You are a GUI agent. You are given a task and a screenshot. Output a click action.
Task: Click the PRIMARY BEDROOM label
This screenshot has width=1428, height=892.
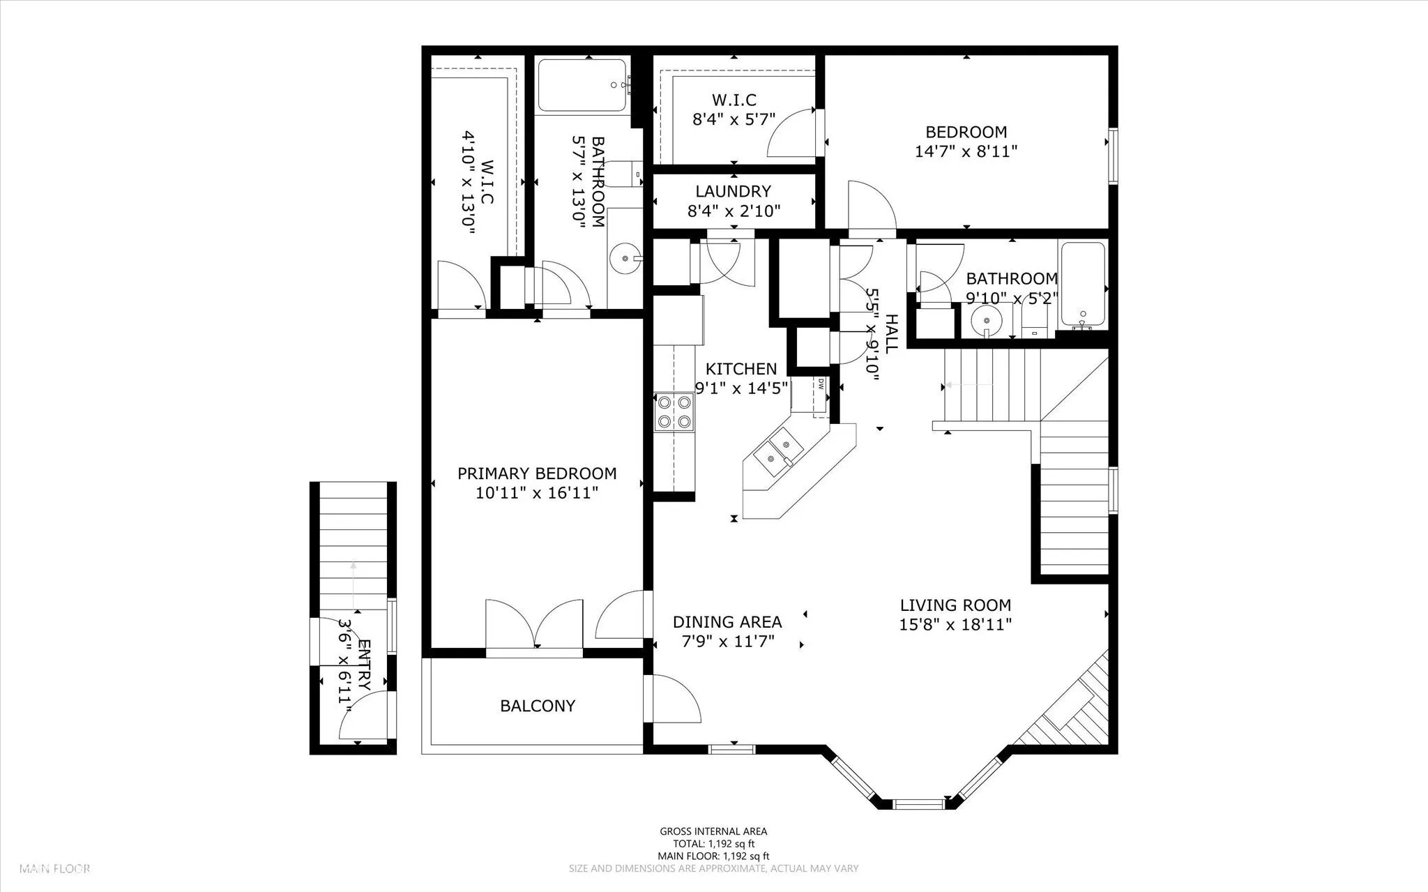pyautogui.click(x=537, y=474)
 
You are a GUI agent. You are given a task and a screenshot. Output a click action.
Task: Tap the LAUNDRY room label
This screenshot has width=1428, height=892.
pyautogui.click(x=733, y=191)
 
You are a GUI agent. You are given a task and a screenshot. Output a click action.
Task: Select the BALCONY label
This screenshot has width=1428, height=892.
pyautogui.click(x=538, y=706)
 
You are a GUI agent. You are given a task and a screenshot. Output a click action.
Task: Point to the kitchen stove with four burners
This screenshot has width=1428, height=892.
pyautogui.click(x=674, y=411)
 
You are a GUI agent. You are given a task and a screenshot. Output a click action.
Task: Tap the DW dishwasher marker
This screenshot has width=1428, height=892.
pyautogui.click(x=821, y=383)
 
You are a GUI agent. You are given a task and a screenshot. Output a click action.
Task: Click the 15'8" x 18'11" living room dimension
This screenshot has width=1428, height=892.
pyautogui.click(x=955, y=624)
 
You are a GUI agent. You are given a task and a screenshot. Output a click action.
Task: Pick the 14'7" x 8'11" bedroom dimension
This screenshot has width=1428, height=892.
pyautogui.click(x=966, y=151)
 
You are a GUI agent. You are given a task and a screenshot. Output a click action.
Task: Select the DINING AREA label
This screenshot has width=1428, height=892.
pyautogui.click(x=727, y=621)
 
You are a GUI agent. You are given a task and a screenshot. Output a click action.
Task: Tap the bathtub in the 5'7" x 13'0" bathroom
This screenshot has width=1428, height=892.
pyautogui.click(x=583, y=86)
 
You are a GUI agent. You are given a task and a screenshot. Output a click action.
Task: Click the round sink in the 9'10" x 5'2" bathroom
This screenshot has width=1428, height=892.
pyautogui.click(x=987, y=320)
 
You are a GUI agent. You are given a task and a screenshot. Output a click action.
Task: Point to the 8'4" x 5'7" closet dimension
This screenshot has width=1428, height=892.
pyautogui.click(x=734, y=119)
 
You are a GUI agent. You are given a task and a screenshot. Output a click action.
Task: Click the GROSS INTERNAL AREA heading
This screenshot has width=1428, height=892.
pyautogui.click(x=713, y=831)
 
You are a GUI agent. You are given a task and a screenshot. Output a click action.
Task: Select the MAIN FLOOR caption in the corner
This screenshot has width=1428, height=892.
pyautogui.click(x=55, y=869)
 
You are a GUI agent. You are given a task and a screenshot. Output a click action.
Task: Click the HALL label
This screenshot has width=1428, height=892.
pyautogui.click(x=891, y=333)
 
